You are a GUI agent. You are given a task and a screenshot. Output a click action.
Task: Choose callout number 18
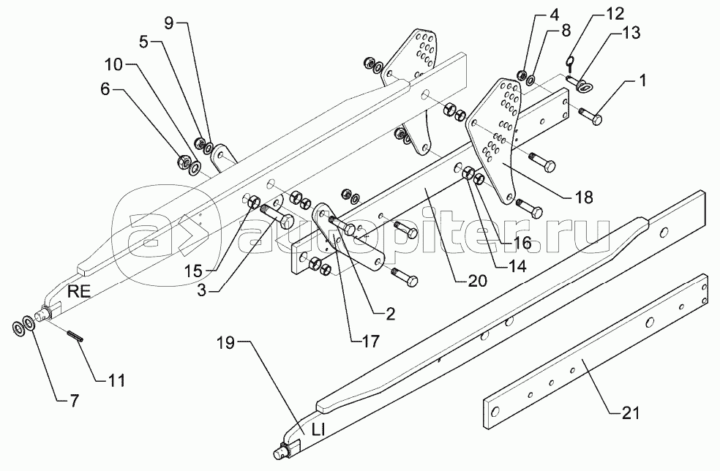pyautogui.click(x=583, y=197)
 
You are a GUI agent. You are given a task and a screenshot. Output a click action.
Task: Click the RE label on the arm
pyautogui.click(x=79, y=290)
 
